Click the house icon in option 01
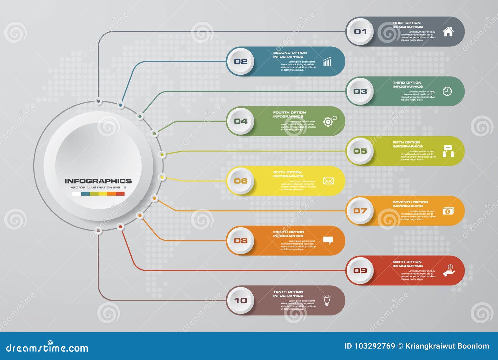(448, 31)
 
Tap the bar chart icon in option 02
(327, 62)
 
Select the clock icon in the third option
(447, 91)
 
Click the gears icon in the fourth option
(329, 121)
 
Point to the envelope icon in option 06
(328, 181)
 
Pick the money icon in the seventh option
(448, 211)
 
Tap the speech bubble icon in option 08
(328, 240)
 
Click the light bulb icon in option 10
(327, 300)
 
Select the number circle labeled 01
(360, 31)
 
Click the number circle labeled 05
(360, 151)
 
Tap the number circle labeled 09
(360, 270)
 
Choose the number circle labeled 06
(241, 181)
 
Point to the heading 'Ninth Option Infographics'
(407, 264)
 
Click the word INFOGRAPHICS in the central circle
(98, 181)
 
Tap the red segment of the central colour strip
(120, 194)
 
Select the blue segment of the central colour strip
(85, 194)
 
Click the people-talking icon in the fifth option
(448, 151)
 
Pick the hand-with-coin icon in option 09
(449, 271)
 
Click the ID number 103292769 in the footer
(374, 346)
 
